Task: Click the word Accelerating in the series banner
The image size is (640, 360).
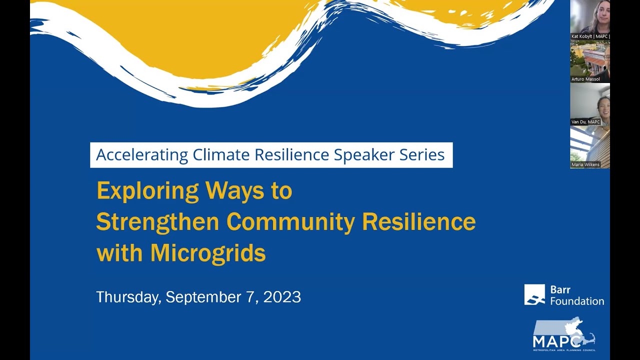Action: coord(142,155)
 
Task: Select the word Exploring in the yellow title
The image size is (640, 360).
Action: coord(147,191)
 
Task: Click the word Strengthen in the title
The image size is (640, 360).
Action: coord(157,222)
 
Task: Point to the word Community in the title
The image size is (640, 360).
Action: coord(290,222)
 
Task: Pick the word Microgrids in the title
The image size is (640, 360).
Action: coord(208,253)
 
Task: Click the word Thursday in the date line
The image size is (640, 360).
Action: coord(127,297)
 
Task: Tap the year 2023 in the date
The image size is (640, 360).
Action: coord(282,297)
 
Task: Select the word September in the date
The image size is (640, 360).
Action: coord(203,297)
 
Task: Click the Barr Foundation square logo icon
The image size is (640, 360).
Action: coord(534,294)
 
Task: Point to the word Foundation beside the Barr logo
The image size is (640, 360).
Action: coord(577,301)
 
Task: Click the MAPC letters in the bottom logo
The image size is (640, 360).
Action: coord(557,341)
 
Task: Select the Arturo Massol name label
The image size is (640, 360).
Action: coord(585,79)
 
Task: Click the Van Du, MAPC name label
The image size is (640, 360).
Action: coord(585,122)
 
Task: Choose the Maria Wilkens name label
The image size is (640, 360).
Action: coord(585,164)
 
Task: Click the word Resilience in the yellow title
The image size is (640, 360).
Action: coord(419,222)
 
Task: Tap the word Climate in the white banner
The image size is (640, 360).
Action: coord(221,155)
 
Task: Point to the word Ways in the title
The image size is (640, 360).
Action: coord(234,191)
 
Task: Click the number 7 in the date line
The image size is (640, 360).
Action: coord(250,297)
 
